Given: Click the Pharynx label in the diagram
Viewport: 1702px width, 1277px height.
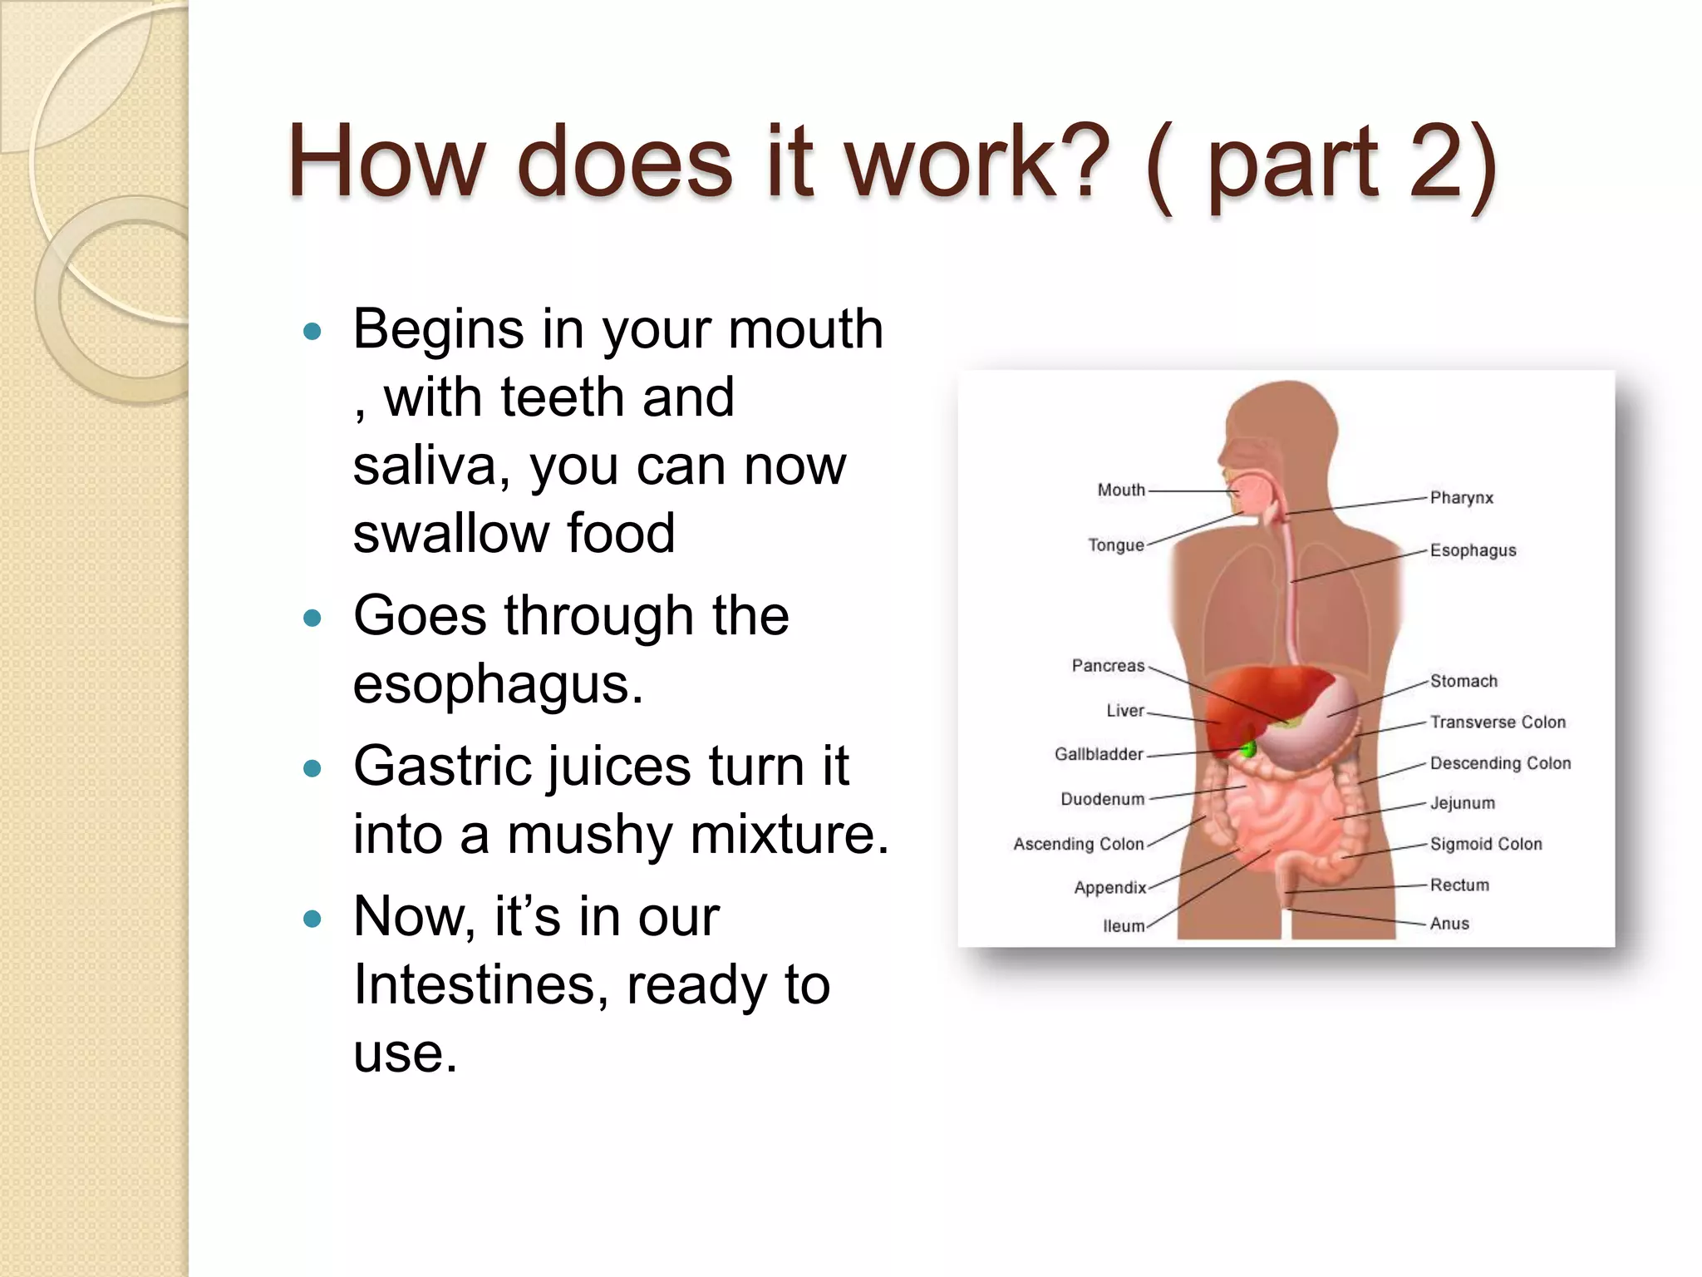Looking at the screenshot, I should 1461,498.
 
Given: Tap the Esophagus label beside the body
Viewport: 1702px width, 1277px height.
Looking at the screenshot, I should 1473,550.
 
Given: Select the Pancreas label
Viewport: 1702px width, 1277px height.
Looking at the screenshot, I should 1108,666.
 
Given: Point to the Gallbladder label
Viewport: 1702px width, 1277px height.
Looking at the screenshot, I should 1099,754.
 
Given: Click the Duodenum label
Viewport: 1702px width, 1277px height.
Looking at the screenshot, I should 1102,799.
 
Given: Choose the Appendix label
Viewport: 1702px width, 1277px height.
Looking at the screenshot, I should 1109,888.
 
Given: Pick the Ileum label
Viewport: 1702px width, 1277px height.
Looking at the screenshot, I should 1124,926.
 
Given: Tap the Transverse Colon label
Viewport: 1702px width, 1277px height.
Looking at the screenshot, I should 1498,722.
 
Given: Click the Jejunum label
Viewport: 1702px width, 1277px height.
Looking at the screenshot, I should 1462,803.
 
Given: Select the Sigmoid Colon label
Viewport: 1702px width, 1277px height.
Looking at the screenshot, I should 1486,844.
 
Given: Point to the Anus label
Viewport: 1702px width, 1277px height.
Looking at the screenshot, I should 1449,924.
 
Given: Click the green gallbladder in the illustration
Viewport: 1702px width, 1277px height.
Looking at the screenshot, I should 1247,749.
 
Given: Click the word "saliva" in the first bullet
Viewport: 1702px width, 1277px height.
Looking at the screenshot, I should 424,466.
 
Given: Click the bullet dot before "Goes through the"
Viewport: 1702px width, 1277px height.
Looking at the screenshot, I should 312,619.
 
